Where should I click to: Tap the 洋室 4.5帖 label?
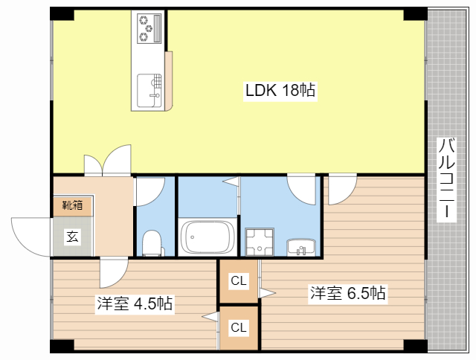(135, 303)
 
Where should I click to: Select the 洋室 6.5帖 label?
(347, 293)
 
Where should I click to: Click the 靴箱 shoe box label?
(72, 205)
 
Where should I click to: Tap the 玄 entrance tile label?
(72, 237)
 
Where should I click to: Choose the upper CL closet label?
(238, 281)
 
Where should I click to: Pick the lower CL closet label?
(238, 327)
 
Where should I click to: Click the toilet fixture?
(152, 242)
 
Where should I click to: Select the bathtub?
(208, 238)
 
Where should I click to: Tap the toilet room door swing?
(147, 190)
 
